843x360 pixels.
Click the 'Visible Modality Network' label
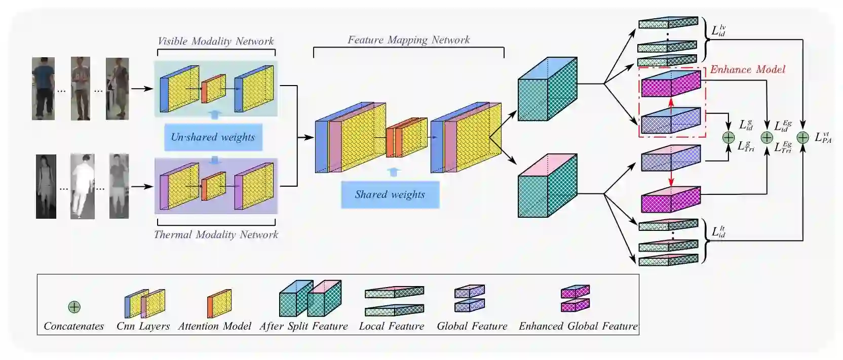pyautogui.click(x=216, y=41)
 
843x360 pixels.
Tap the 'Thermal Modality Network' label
pyautogui.click(x=216, y=234)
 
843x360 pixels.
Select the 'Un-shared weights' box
pyautogui.click(x=213, y=137)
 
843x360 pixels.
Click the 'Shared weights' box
pyautogui.click(x=390, y=194)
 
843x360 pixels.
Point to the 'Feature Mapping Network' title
pyautogui.click(x=408, y=39)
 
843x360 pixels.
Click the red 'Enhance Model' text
pyautogui.click(x=747, y=69)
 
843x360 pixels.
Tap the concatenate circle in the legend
pyautogui.click(x=74, y=307)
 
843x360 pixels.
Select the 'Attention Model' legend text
pyautogui.click(x=214, y=326)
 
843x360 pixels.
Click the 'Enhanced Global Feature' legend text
pyautogui.click(x=578, y=326)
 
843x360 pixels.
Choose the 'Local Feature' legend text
pyautogui.click(x=391, y=326)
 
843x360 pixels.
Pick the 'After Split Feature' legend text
pyautogui.click(x=303, y=326)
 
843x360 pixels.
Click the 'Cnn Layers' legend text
pyautogui.click(x=143, y=326)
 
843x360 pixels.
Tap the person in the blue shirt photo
pyautogui.click(x=43, y=89)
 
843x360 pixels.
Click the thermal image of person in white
pyautogui.click(x=82, y=186)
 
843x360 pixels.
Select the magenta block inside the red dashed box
pyautogui.click(x=671, y=84)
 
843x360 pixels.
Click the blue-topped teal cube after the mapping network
pyautogui.click(x=547, y=90)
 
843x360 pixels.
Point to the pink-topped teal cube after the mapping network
pyautogui.click(x=547, y=186)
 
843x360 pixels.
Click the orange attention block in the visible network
pyautogui.click(x=213, y=89)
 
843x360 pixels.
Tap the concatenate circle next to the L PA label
pyautogui.click(x=802, y=138)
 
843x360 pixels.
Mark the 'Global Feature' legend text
pyautogui.click(x=472, y=326)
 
